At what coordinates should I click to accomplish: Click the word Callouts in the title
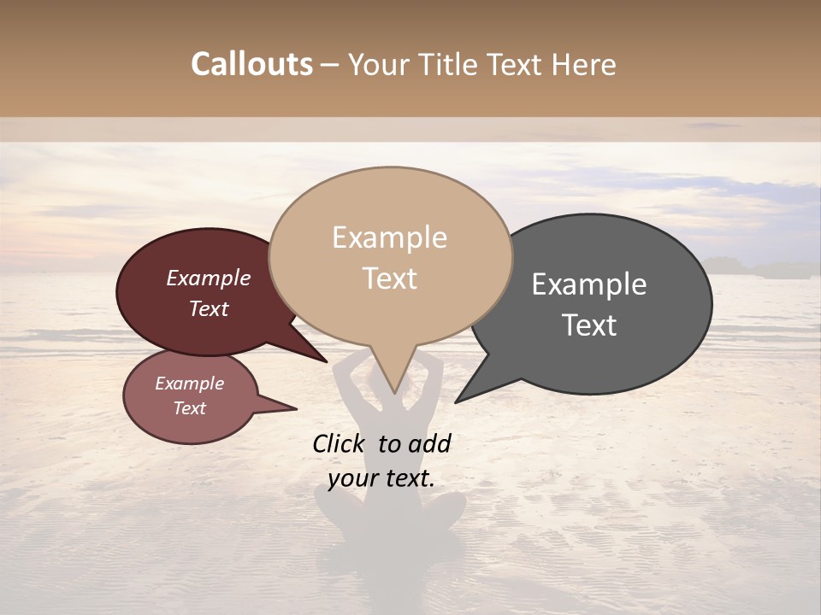(x=251, y=64)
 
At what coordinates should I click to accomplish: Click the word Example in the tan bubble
(x=389, y=237)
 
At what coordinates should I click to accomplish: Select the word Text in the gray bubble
(x=590, y=325)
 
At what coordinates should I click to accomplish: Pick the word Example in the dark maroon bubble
(x=208, y=278)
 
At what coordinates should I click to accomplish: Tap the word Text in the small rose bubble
(x=190, y=408)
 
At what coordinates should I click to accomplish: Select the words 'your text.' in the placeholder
(x=381, y=478)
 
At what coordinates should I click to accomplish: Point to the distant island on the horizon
(x=753, y=267)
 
